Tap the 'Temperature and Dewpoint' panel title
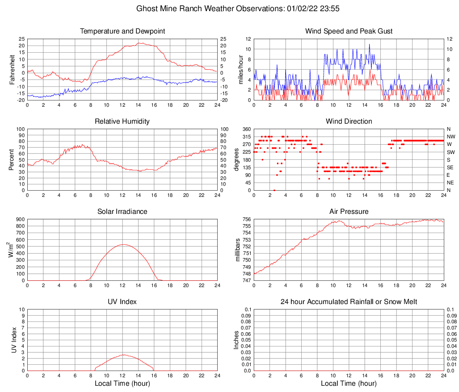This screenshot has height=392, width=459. pyautogui.click(x=122, y=31)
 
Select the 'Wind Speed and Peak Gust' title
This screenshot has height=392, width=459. pyautogui.click(x=349, y=31)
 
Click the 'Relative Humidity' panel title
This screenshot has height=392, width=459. pyautogui.click(x=122, y=121)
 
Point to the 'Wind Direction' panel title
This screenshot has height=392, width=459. pyautogui.click(x=349, y=121)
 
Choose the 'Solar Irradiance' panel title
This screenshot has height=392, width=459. pyautogui.click(x=122, y=212)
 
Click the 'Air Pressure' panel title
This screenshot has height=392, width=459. pyautogui.click(x=349, y=212)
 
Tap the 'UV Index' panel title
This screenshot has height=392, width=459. pyautogui.click(x=122, y=302)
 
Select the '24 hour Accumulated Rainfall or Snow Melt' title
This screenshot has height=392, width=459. pyautogui.click(x=349, y=302)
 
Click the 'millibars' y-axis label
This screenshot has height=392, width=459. pyautogui.click(x=239, y=250)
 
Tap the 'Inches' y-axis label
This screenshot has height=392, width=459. pyautogui.click(x=237, y=340)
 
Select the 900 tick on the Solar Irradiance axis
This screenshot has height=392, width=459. pyautogui.click(x=20, y=220)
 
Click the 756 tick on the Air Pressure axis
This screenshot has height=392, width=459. pyautogui.click(x=246, y=220)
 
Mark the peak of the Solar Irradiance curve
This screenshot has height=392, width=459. pyautogui.click(x=123, y=244)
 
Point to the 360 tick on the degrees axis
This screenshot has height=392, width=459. pyautogui.click(x=246, y=129)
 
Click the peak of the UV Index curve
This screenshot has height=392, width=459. pyautogui.click(x=123, y=354)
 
